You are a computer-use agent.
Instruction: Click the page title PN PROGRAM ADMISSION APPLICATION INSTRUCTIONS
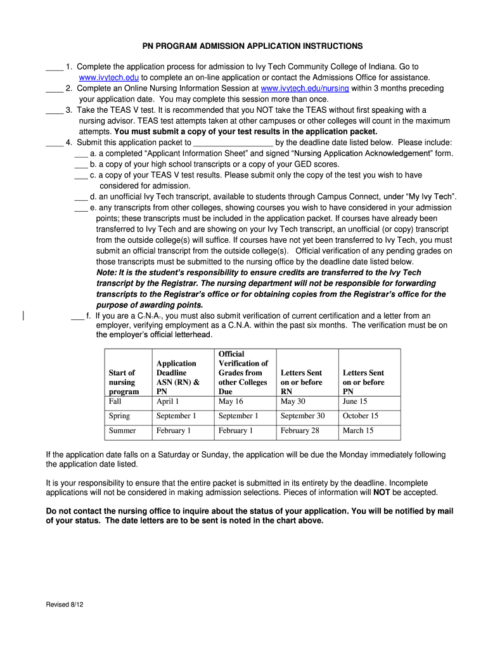pos(252,46)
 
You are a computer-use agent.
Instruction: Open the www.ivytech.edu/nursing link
pos(305,88)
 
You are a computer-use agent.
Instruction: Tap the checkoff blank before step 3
pos(54,111)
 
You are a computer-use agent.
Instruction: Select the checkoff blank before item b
pos(80,164)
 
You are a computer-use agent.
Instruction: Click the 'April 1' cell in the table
pos(168,401)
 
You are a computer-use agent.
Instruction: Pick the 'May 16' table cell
pos(231,401)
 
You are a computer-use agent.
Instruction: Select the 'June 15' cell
pos(355,401)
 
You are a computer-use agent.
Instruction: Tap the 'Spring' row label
pos(119,416)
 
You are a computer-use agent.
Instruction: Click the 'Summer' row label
pos(122,430)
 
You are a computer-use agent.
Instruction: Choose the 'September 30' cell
pos(302,416)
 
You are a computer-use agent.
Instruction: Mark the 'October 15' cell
pos(360,416)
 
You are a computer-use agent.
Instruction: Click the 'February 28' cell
pos(300,430)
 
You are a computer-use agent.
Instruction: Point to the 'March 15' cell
pos(358,430)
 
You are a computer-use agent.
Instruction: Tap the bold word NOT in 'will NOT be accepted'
pos(381,492)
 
